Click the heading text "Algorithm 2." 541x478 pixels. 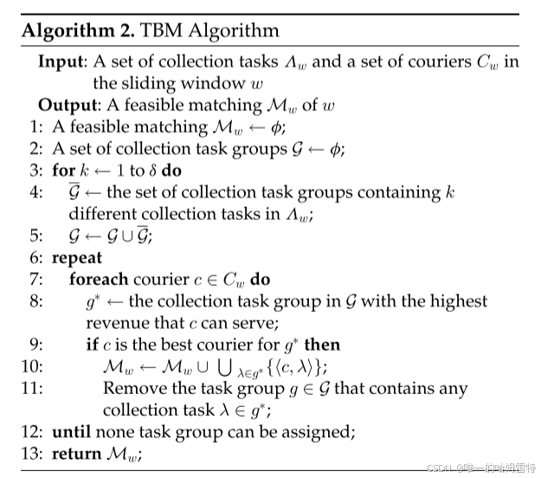pyautogui.click(x=76, y=32)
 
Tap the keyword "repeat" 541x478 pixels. pyautogui.click(x=77, y=258)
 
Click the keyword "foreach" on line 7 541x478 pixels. pyautogui.click(x=99, y=281)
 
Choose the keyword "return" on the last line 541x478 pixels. pyautogui.click(x=76, y=452)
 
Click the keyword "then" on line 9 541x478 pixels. pyautogui.click(x=322, y=346)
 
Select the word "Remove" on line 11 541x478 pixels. pyautogui.click(x=130, y=389)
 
